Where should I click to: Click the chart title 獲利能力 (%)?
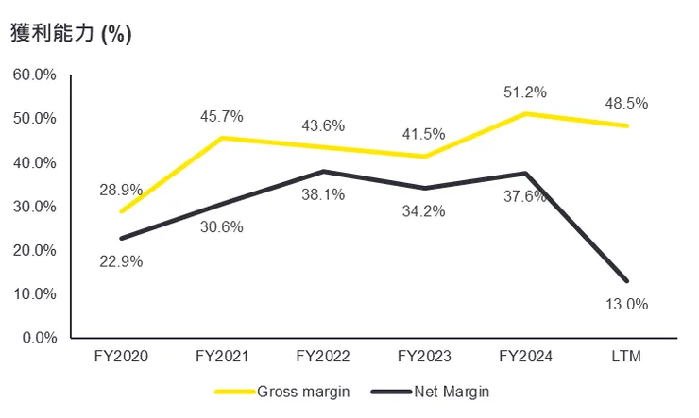pos(71,33)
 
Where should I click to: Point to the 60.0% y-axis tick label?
pos(35,75)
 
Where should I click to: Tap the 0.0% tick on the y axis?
pos(39,338)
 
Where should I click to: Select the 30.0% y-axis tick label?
pos(35,207)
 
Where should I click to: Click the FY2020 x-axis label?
pos(121,357)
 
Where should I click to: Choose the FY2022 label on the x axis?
pos(323,357)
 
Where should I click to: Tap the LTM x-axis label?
pos(627,357)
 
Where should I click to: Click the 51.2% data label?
pos(525,92)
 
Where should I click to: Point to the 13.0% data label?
pos(626,304)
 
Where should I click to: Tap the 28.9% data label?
pos(121,191)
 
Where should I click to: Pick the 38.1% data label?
pos(323,194)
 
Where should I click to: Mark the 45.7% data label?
pos(222,117)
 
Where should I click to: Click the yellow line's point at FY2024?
pos(525,114)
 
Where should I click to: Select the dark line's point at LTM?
pos(626,280)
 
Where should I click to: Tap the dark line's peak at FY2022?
pos(323,171)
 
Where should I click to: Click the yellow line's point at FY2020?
pos(121,211)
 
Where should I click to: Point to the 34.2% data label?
pos(424,211)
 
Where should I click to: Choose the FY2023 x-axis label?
pos(424,357)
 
